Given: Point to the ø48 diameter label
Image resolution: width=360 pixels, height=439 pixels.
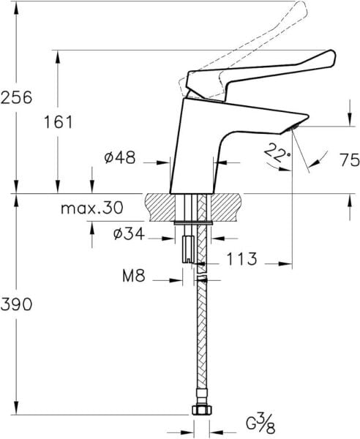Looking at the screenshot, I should coord(119,157).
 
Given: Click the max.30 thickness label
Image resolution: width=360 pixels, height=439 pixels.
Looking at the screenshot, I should coord(92,209).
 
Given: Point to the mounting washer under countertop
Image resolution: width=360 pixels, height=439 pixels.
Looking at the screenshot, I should coord(194,221).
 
